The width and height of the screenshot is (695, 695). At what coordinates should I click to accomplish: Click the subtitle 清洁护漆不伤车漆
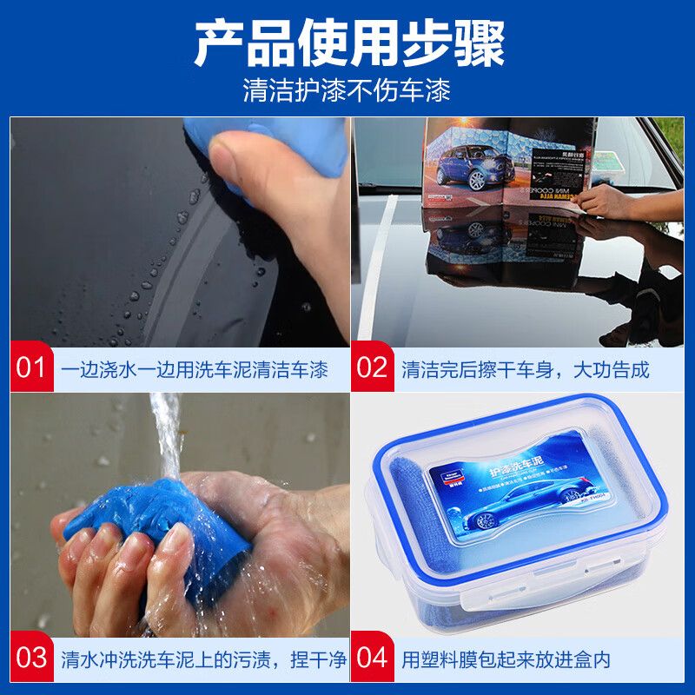click(347, 91)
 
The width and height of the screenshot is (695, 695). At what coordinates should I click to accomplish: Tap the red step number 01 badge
click(30, 368)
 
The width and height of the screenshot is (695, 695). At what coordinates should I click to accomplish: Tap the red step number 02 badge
click(372, 368)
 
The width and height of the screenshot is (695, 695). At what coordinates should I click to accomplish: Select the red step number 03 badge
click(30, 658)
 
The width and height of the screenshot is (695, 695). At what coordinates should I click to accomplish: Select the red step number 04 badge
click(372, 658)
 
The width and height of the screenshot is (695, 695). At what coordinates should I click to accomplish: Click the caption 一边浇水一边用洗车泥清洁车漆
click(195, 369)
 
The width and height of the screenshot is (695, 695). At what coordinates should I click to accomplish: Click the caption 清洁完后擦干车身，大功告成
click(525, 369)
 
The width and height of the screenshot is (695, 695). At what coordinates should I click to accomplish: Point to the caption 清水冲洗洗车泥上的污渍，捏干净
click(204, 659)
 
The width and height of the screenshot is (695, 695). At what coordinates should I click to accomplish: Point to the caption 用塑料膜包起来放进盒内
click(506, 659)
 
